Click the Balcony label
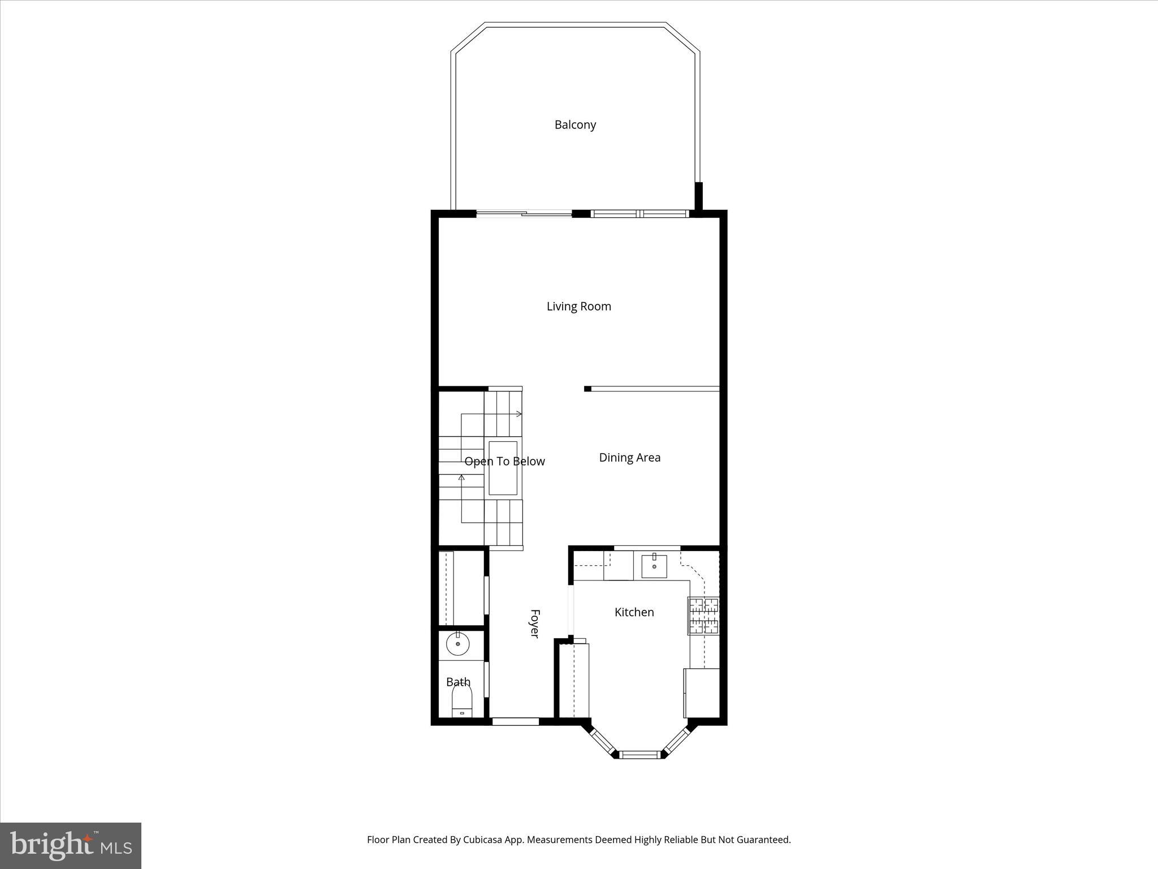click(x=575, y=125)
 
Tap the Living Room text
click(x=578, y=307)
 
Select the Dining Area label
click(x=629, y=458)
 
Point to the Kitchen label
click(x=634, y=612)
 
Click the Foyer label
click(x=534, y=623)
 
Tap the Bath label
click(x=458, y=682)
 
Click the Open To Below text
click(x=504, y=462)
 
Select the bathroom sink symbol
click(x=457, y=644)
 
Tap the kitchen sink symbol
click(x=654, y=566)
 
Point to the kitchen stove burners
click(x=704, y=615)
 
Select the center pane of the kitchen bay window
click(x=640, y=754)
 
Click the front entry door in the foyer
click(x=515, y=721)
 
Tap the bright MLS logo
click(x=71, y=845)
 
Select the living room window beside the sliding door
click(x=640, y=214)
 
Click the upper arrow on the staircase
click(x=518, y=414)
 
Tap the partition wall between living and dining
click(x=652, y=389)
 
